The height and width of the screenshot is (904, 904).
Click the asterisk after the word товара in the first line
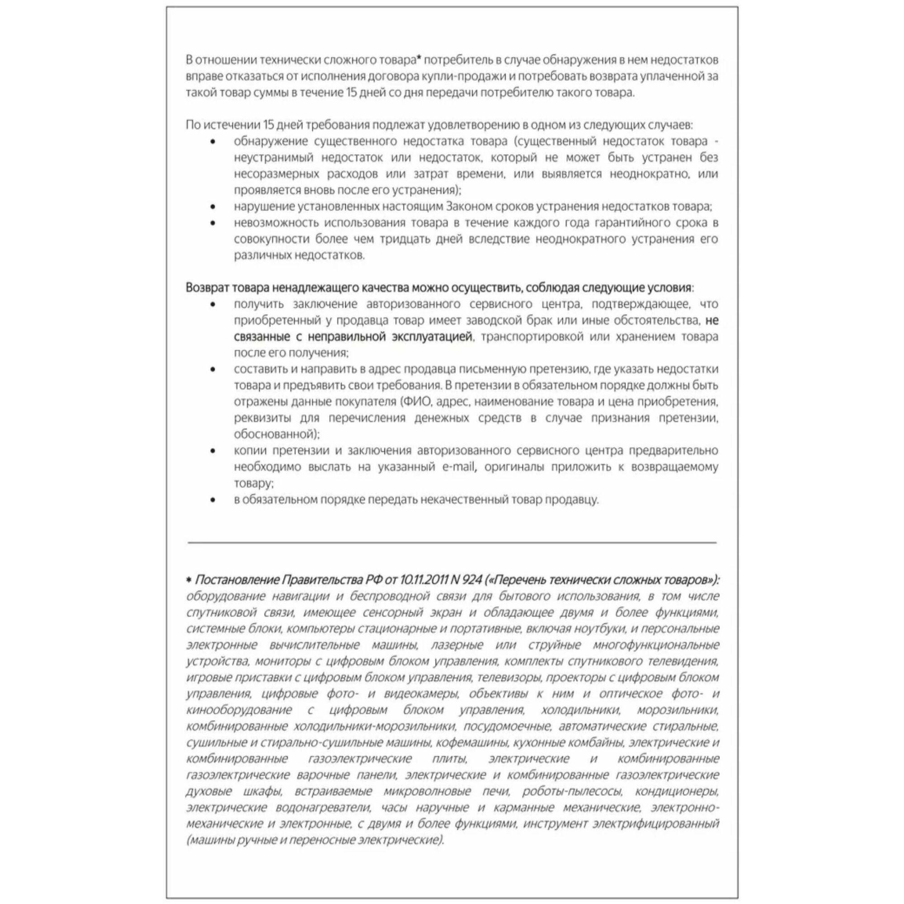coord(419,58)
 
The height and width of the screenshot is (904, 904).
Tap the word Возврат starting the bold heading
coord(207,287)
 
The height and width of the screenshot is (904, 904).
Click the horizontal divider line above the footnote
coord(452,543)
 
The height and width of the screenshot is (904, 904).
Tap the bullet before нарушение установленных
coord(213,207)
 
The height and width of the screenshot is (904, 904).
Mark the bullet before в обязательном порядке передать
coord(213,500)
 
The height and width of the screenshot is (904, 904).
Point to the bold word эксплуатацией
coord(432,336)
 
